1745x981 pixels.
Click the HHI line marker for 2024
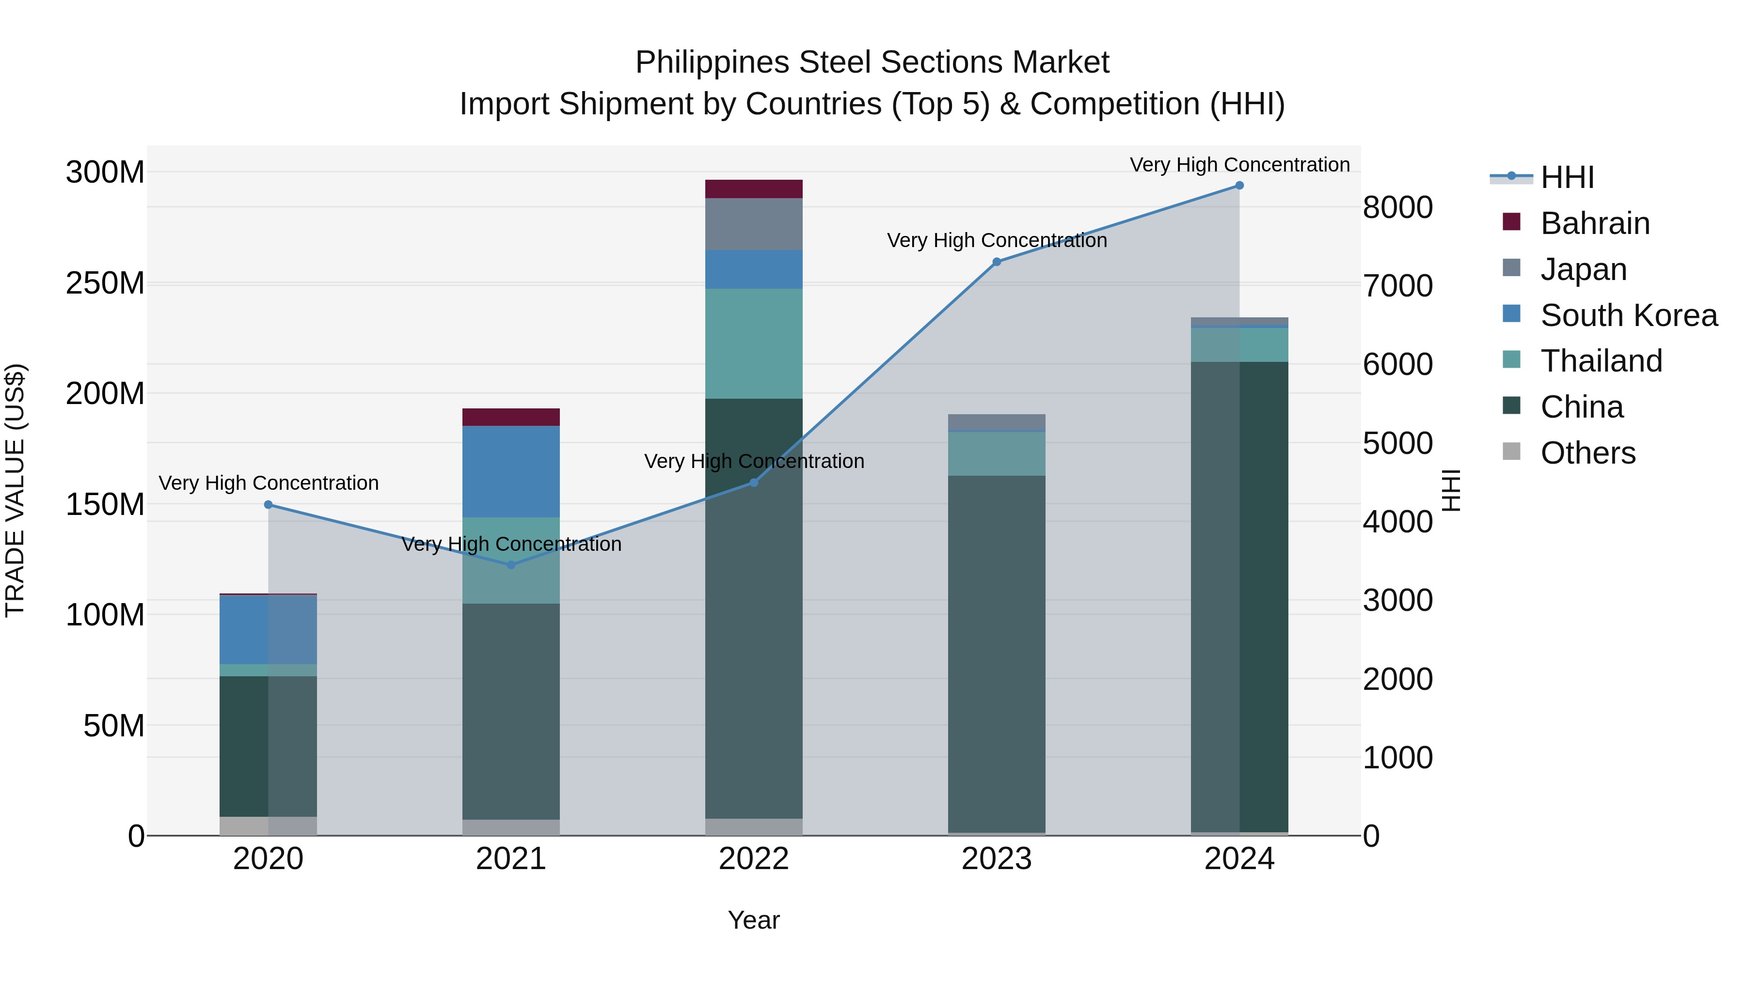click(x=1239, y=186)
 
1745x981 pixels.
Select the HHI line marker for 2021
click(x=511, y=565)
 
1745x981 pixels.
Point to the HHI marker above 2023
click(x=997, y=262)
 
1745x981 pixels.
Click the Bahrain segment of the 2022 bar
click(x=753, y=189)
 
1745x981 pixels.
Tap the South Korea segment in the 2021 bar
click(x=511, y=471)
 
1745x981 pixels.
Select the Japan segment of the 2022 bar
click(x=753, y=224)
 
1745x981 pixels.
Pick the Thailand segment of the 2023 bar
click(x=997, y=453)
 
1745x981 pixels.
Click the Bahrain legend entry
click(x=1595, y=223)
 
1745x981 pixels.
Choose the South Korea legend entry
click(x=1629, y=315)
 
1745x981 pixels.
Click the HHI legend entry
click(x=1566, y=177)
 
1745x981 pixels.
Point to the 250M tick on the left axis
click(x=105, y=283)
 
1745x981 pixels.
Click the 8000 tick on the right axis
click(x=1397, y=207)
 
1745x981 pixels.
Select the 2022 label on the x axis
click(x=753, y=859)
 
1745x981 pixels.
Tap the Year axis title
click(x=753, y=920)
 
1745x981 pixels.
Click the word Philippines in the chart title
click(x=711, y=62)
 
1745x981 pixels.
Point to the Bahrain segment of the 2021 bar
click(x=511, y=417)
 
